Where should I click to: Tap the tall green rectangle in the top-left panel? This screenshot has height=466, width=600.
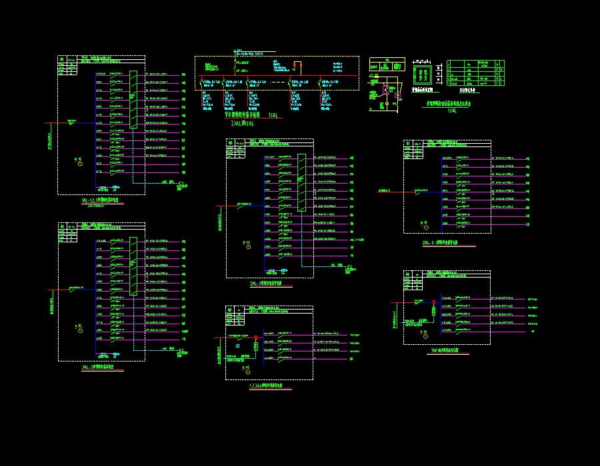point(134,100)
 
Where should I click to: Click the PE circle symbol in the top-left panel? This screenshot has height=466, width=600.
point(80,163)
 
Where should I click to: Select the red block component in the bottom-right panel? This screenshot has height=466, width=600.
point(434,310)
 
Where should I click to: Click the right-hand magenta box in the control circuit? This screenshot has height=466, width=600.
point(397,95)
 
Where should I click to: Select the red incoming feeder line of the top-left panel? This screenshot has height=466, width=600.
point(60,122)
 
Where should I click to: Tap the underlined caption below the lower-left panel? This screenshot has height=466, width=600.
point(102,367)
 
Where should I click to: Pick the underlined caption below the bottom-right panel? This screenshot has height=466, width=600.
point(447,350)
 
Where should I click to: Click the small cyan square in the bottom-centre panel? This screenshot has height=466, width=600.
point(238,346)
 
